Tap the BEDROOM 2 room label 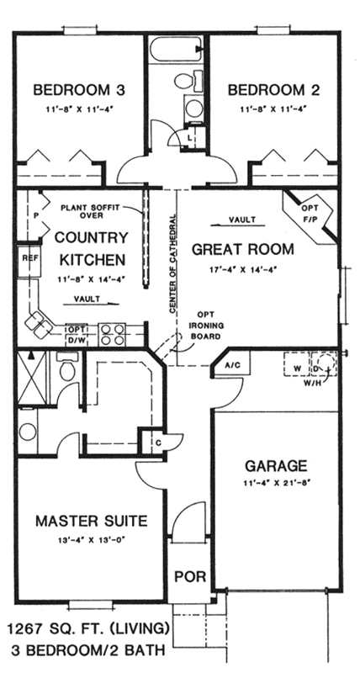(x=267, y=90)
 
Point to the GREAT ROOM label (x=242, y=249)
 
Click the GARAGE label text (x=275, y=465)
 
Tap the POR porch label (x=186, y=576)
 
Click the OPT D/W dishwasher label (x=77, y=334)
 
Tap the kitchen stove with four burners (x=113, y=334)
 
